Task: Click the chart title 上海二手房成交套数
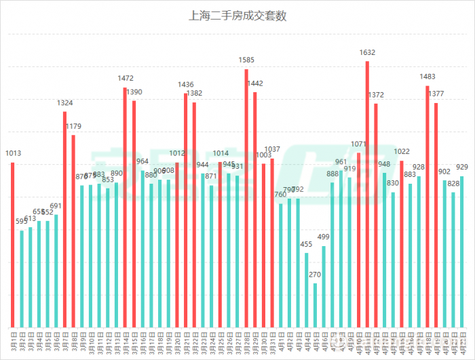[x=237, y=16]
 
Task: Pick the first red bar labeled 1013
[x=13, y=244]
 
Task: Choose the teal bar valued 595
[x=22, y=279]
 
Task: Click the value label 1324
[x=65, y=103]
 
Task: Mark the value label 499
[x=324, y=237]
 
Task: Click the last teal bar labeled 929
[x=462, y=252]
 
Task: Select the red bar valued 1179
[x=73, y=231]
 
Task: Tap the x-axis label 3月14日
[x=125, y=342]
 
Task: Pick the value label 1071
[x=359, y=144]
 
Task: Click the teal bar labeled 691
[x=56, y=271]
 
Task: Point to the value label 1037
[x=272, y=150]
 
